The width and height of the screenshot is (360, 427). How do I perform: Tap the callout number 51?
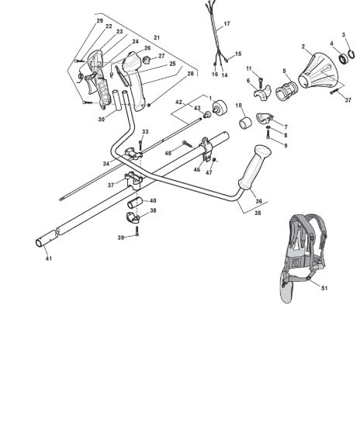324,288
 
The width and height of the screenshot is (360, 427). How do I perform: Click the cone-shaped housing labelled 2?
318,70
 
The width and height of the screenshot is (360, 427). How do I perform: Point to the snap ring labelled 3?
351,55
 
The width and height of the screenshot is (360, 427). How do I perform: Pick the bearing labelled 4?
343,59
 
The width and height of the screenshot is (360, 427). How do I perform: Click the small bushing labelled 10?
245,123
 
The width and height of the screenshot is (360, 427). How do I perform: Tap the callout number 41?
48,259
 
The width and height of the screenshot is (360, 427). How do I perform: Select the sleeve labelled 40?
135,203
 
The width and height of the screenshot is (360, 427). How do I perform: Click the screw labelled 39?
137,231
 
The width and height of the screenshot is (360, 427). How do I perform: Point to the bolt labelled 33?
140,145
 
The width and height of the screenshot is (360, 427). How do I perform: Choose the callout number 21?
157,37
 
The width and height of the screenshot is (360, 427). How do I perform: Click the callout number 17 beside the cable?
227,24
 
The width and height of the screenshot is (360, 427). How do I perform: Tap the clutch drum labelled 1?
220,108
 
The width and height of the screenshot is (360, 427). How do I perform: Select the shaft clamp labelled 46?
206,150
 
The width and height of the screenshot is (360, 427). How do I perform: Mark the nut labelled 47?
214,160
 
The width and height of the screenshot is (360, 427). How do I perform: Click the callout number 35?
258,213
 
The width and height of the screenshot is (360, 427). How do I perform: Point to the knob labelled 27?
147,59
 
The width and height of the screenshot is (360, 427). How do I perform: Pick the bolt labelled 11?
261,82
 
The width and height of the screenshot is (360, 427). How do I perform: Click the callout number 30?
101,119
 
